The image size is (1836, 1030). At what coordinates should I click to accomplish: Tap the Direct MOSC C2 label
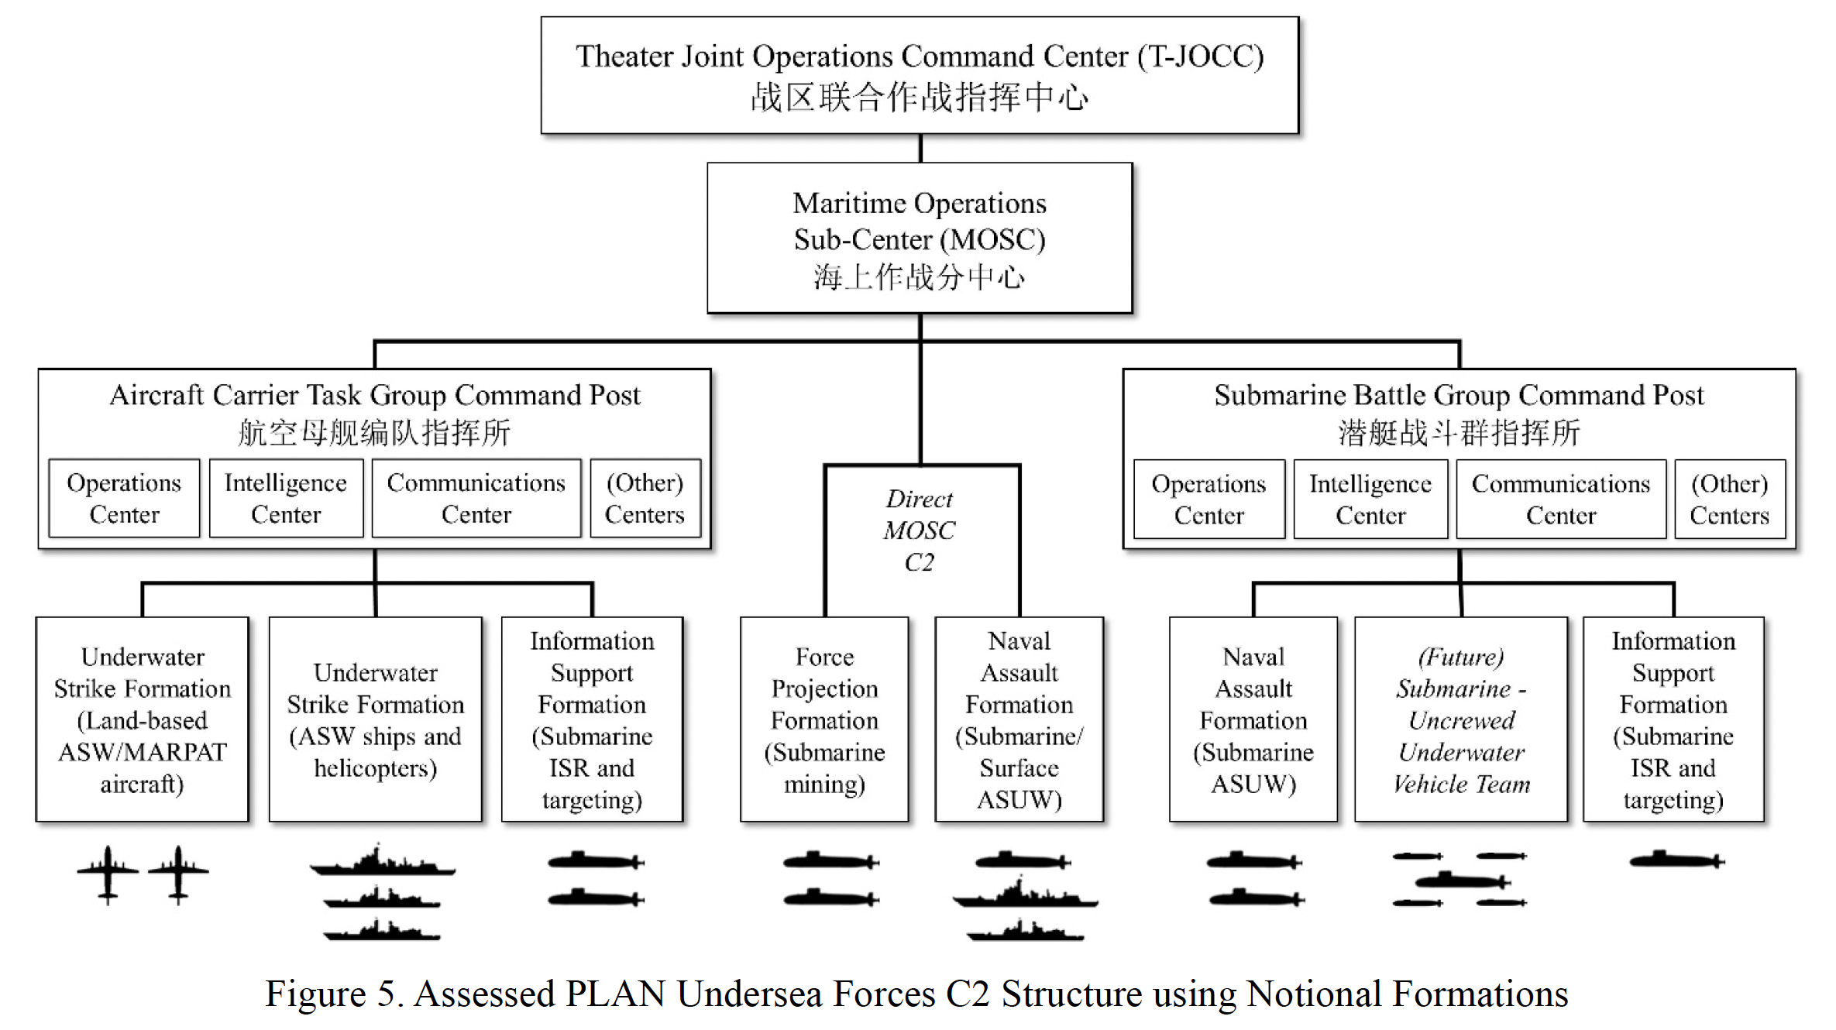[x=920, y=530]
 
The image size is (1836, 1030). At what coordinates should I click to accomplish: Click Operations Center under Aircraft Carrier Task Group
[x=124, y=498]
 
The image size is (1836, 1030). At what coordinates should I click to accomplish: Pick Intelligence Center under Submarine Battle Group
[x=1370, y=499]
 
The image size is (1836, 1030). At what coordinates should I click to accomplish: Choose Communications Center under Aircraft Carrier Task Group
[x=476, y=498]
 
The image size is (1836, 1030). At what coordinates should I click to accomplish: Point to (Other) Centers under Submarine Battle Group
[x=1729, y=499]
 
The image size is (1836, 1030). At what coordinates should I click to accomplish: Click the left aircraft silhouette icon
[x=108, y=873]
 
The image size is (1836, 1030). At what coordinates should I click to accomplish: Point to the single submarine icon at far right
[x=1676, y=860]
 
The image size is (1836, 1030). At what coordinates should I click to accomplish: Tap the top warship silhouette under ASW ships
[x=381, y=863]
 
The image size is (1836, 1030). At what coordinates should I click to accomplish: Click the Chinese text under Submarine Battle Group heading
[x=1459, y=432]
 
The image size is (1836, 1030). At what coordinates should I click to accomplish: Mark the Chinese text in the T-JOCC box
[x=920, y=98]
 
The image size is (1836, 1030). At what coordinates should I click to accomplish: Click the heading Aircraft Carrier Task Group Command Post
[x=375, y=395]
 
